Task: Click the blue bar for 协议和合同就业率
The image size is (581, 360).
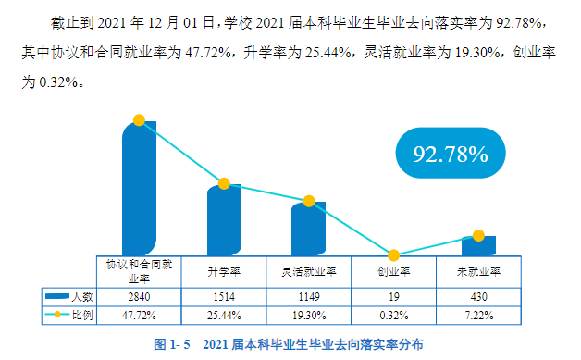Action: coord(139,190)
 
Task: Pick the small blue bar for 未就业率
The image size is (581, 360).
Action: coord(478,246)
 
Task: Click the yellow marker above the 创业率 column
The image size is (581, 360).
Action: coord(393,255)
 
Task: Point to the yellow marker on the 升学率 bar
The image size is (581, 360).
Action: coord(224,184)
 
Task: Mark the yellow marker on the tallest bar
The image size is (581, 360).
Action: coord(139,120)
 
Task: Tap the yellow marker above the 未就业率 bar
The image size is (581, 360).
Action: coord(478,236)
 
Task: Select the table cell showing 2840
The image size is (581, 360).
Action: coord(139,297)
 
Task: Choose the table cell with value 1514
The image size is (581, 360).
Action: coord(224,297)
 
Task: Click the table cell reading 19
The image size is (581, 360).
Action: coord(393,297)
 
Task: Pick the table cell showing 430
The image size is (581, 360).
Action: coord(478,297)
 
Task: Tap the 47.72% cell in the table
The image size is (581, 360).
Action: coord(139,315)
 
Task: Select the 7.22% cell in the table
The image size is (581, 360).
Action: coord(478,315)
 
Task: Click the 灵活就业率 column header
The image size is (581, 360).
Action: coord(308,272)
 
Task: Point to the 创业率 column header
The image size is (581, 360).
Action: coord(393,272)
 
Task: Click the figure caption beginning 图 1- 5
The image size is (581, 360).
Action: coord(289,344)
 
